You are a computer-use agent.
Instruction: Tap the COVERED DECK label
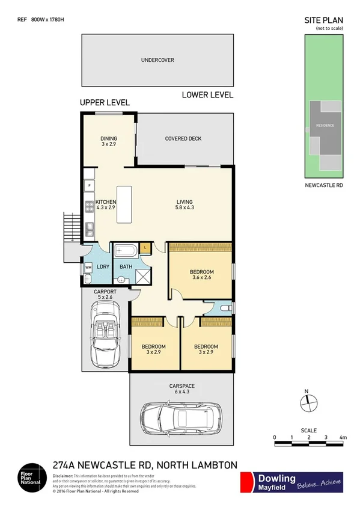[x=183, y=139]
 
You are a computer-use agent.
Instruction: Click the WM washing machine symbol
[x=88, y=266]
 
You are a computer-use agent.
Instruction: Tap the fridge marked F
[x=89, y=186]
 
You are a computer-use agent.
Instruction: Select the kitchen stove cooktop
[x=88, y=207]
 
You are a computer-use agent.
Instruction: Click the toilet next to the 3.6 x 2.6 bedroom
[x=224, y=307]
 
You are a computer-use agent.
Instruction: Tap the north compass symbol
[x=307, y=404]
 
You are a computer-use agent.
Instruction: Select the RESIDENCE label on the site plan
[x=325, y=126]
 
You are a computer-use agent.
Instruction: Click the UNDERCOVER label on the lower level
[x=157, y=60]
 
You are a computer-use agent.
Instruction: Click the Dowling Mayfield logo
[x=291, y=482]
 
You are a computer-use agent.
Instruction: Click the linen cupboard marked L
[x=145, y=247]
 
